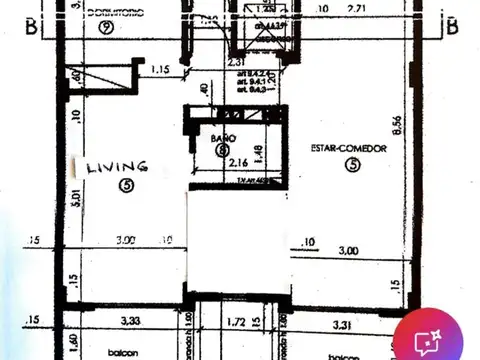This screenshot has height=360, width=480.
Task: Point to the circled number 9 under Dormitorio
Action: (105, 26)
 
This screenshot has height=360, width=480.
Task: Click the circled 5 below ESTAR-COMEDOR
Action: (351, 166)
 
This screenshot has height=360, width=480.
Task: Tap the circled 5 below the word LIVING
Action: (125, 184)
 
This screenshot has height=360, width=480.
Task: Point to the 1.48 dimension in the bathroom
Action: (258, 154)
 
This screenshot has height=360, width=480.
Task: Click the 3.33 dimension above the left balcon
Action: (131, 321)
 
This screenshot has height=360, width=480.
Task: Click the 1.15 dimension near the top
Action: (160, 70)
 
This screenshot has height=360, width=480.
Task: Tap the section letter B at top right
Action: (452, 25)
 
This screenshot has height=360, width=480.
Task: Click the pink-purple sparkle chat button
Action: (428, 341)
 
